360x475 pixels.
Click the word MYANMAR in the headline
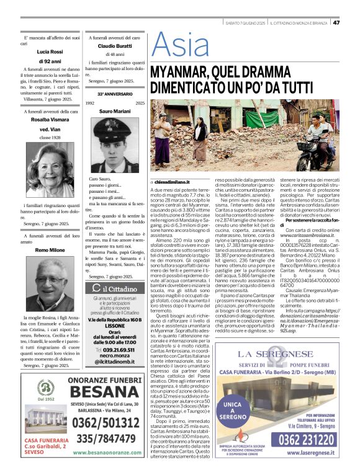coord(182,71)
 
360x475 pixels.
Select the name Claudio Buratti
coord(117,46)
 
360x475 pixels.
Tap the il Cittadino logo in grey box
coord(116,288)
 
